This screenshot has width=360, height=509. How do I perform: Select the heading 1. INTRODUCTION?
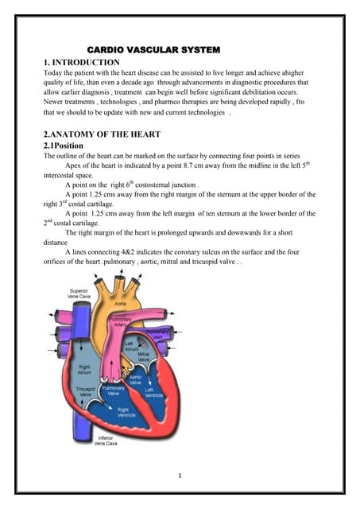[x=81, y=62]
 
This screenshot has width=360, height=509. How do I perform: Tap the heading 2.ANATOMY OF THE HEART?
[x=102, y=134]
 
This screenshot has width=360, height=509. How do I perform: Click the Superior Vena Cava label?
[x=79, y=293]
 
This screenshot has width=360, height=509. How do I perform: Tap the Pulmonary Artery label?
[x=120, y=321]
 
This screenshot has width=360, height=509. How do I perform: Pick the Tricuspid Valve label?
[x=86, y=391]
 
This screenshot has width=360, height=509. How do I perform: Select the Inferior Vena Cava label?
[x=106, y=441]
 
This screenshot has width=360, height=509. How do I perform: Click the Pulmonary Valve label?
[x=114, y=390]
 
